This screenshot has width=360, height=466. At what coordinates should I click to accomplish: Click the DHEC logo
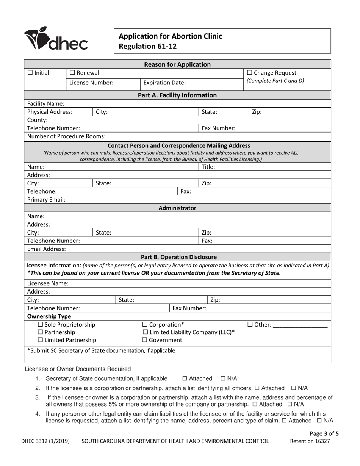(56, 39)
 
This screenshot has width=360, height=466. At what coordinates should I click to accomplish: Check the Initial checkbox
(30, 73)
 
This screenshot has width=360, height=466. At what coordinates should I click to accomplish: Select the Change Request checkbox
(249, 73)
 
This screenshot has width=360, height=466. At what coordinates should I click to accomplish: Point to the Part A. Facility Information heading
(177, 95)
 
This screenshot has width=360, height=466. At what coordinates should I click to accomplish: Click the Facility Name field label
(45, 103)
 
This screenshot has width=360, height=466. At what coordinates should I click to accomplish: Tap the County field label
(37, 120)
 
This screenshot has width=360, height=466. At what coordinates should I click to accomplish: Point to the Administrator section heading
(177, 208)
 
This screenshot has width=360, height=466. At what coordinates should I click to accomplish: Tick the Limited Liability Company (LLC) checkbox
(145, 332)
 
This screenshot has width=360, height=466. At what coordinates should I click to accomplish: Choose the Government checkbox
(145, 340)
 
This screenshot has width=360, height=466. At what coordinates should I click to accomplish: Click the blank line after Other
(300, 325)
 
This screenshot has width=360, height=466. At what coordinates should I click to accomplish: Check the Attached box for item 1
(185, 378)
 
